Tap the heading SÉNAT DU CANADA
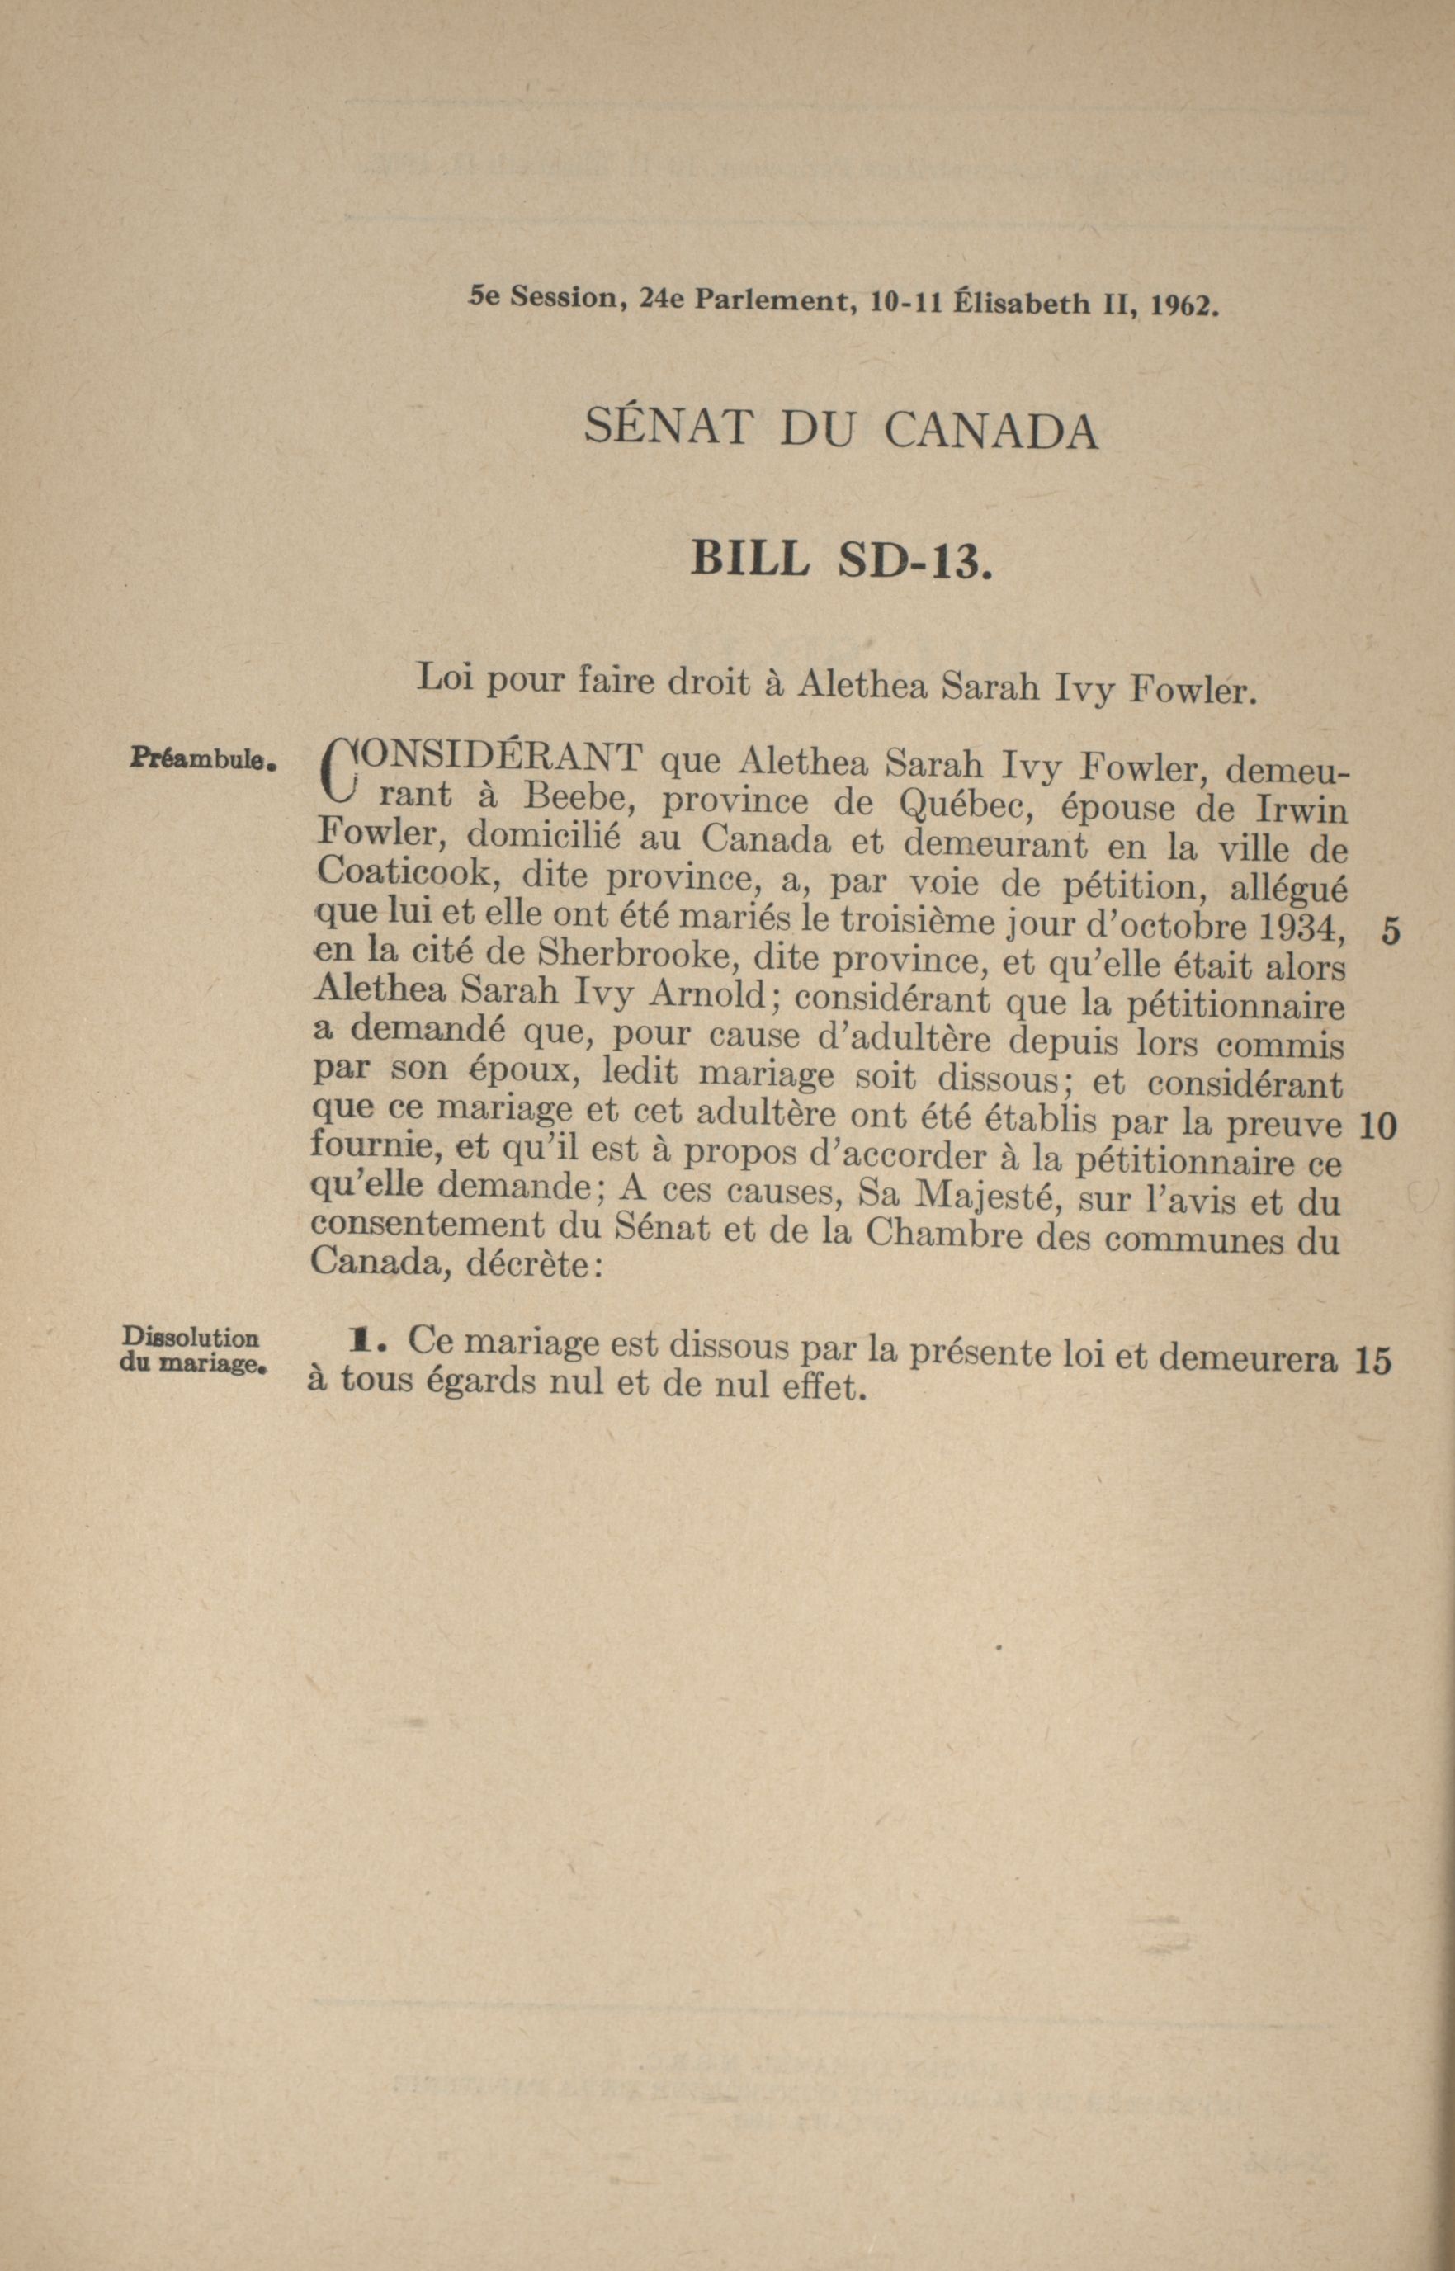point(841,430)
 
